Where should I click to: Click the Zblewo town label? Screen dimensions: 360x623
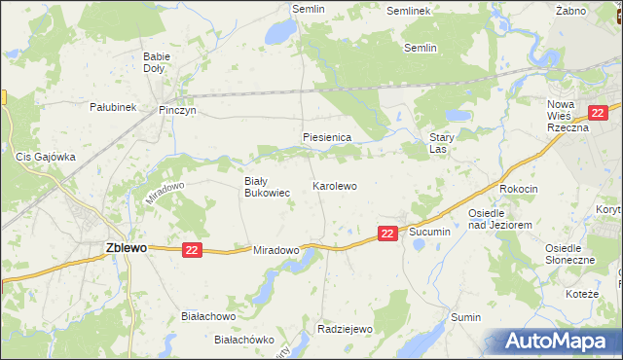click(126, 248)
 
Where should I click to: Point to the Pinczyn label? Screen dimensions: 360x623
click(178, 111)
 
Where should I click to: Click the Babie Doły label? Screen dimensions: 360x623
click(156, 62)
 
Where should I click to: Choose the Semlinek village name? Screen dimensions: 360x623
click(408, 11)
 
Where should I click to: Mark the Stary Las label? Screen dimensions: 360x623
click(442, 144)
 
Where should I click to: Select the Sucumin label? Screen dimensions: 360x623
click(429, 233)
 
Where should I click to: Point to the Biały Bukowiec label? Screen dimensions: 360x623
click(267, 187)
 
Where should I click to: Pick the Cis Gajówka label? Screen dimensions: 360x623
click(45, 156)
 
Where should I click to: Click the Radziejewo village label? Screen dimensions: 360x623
click(346, 329)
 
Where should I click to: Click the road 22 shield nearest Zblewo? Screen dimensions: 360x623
click(191, 250)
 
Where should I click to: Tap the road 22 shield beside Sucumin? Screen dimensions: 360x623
click(387, 234)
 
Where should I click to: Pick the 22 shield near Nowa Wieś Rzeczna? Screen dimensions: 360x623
click(599, 113)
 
